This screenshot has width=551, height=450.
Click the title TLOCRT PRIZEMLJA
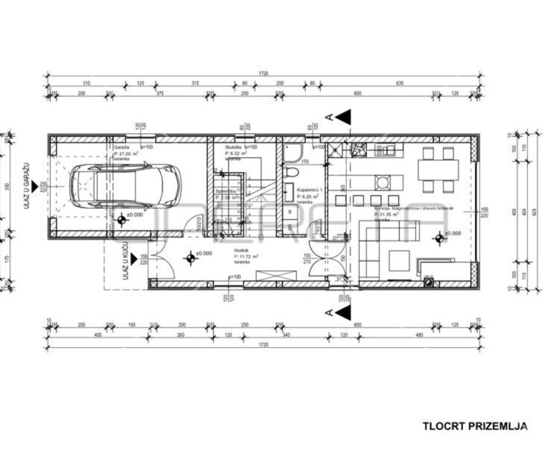475,426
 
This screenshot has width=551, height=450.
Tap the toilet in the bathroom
291,171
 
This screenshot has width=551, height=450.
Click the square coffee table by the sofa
399,260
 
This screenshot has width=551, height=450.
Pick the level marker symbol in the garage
122,220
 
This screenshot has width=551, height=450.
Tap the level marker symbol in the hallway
191,258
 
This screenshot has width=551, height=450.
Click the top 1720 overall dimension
264,73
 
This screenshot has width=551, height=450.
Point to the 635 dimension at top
399,83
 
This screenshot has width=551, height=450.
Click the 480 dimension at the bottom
419,335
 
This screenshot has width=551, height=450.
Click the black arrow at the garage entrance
35,187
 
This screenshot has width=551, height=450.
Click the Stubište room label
231,147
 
